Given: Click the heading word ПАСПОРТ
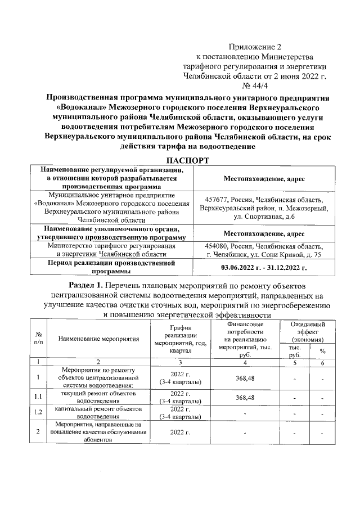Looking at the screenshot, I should (x=180, y=161).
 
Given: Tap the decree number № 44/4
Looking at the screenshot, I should (x=254, y=84).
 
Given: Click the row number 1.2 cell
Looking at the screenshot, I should (x=38, y=412).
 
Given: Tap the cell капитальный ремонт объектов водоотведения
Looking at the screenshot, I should (x=98, y=412).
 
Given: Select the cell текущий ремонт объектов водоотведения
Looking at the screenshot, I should (x=98, y=398).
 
